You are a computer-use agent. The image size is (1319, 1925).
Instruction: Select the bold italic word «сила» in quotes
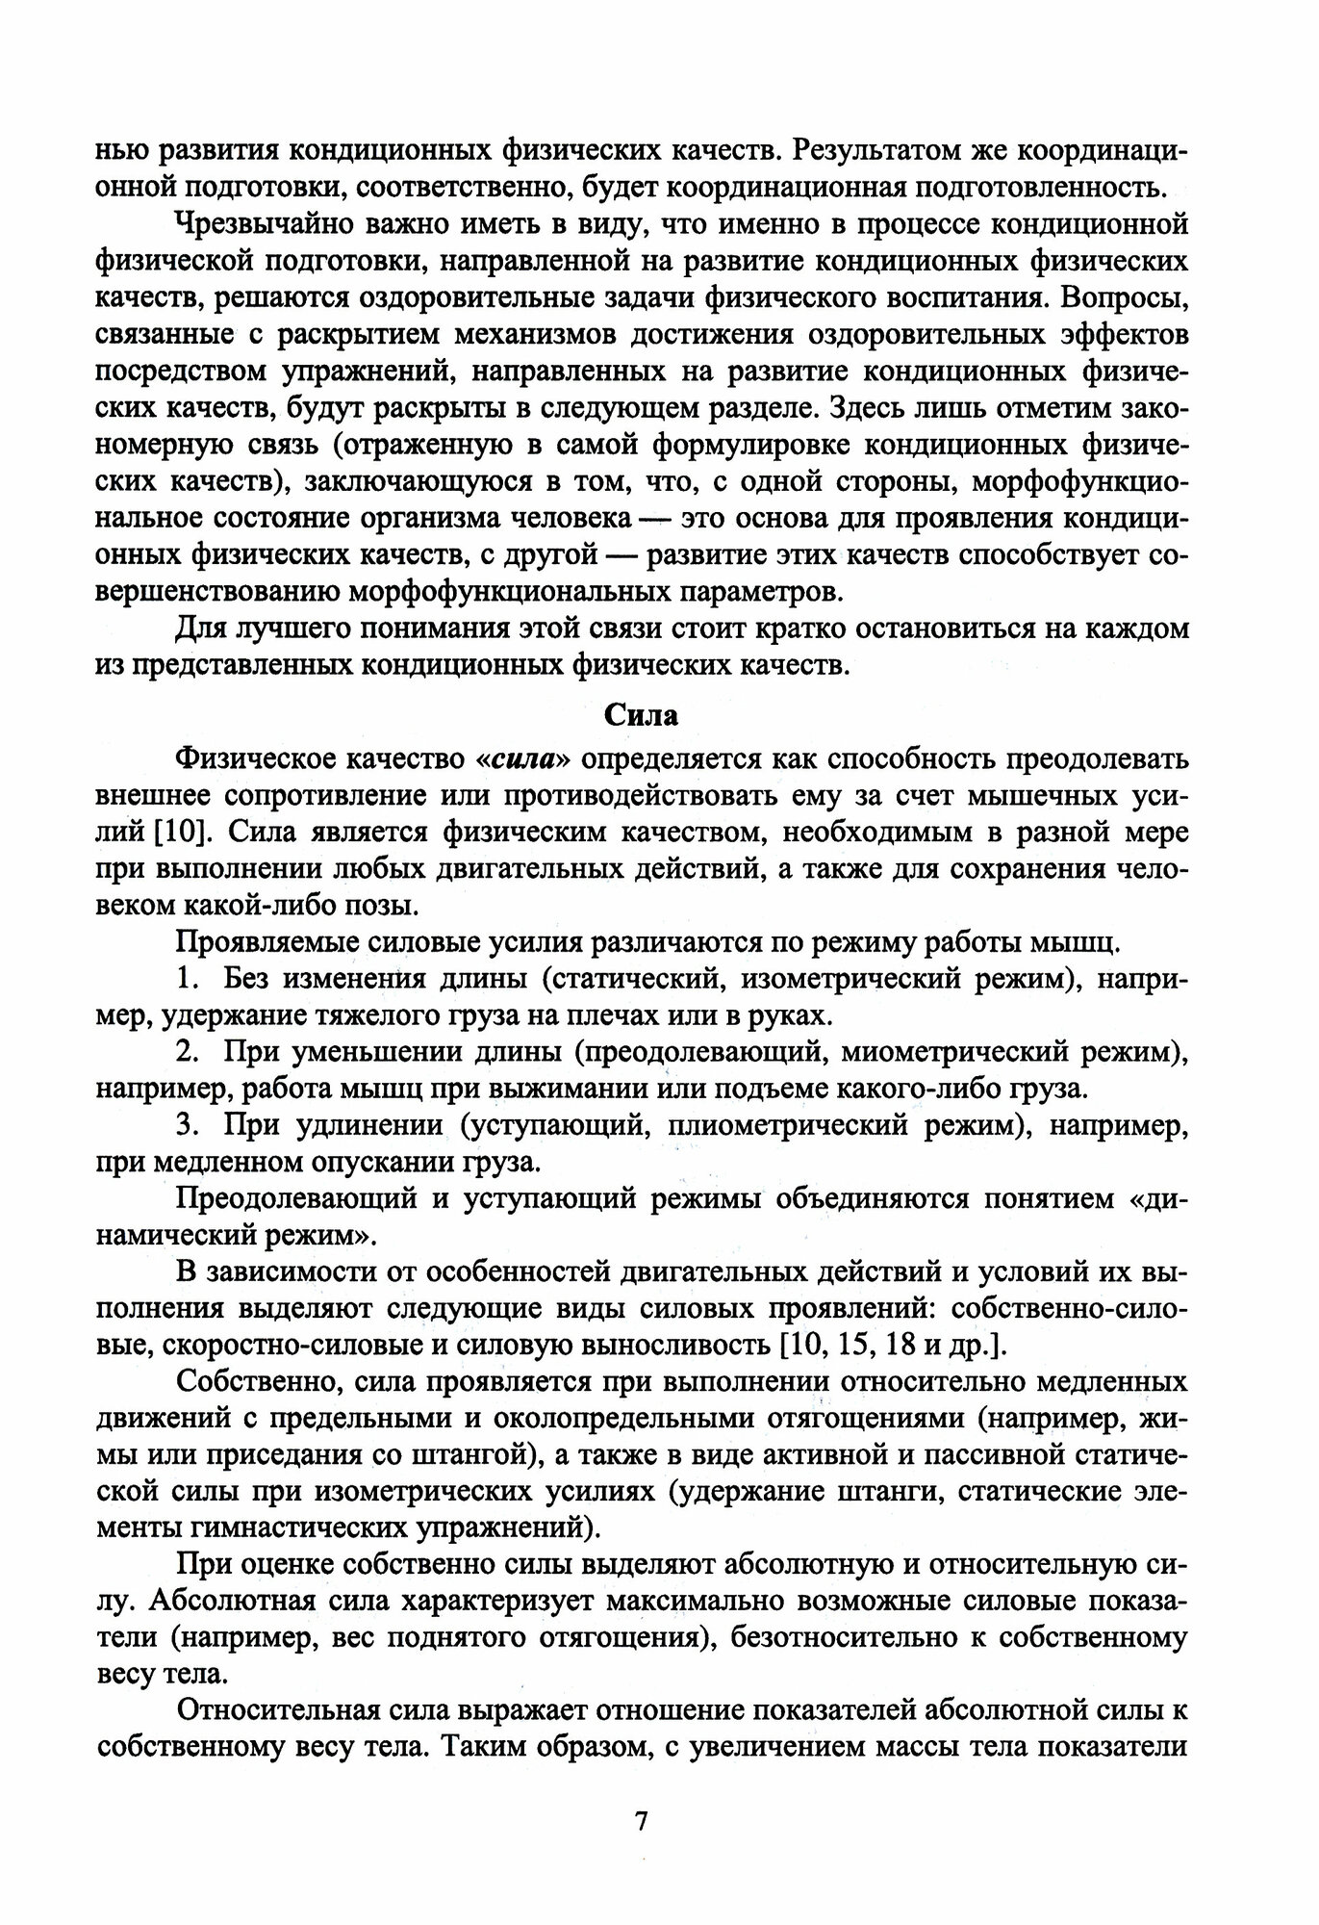tap(523, 758)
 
